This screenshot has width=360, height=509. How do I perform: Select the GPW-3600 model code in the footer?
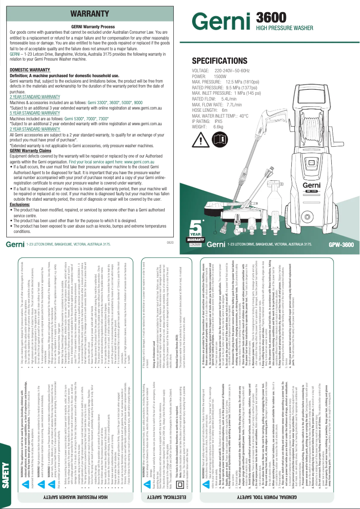(x=341, y=245)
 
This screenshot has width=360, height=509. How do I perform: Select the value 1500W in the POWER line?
(x=220, y=77)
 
